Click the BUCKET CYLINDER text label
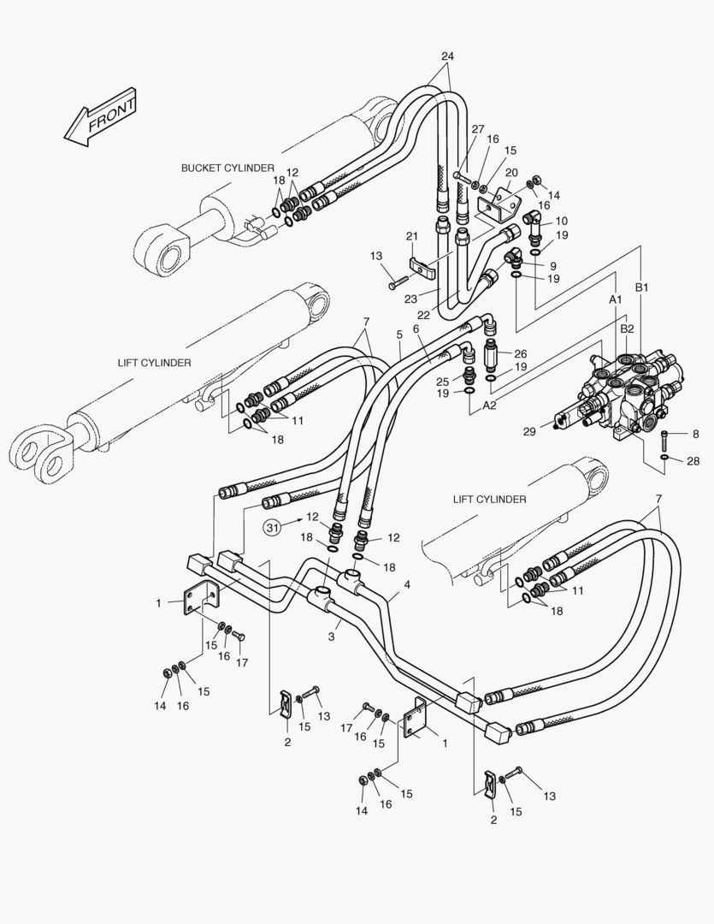click(227, 169)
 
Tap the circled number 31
click(272, 528)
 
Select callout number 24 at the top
click(447, 56)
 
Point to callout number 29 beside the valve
click(529, 431)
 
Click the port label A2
click(489, 406)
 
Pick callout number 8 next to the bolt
click(695, 434)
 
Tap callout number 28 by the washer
click(693, 461)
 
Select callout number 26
click(521, 354)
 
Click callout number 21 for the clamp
click(411, 236)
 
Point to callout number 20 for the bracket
click(511, 173)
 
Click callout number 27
click(478, 128)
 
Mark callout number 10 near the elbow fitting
click(561, 221)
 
